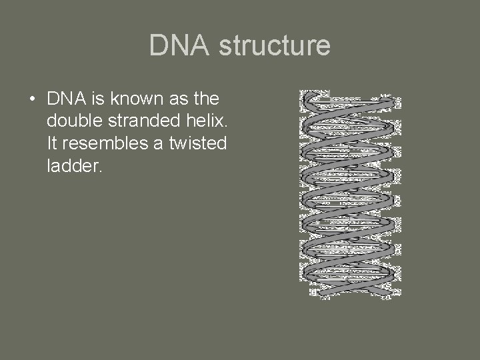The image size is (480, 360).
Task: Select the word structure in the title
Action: click(x=274, y=45)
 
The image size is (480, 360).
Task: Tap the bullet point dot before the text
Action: click(x=32, y=100)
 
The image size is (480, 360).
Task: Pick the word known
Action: click(x=130, y=99)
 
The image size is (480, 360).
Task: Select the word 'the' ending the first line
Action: click(x=203, y=99)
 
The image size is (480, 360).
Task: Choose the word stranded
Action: click(x=138, y=121)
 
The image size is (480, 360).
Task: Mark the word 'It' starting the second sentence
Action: click(x=53, y=143)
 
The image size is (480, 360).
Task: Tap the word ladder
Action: click(x=73, y=165)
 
